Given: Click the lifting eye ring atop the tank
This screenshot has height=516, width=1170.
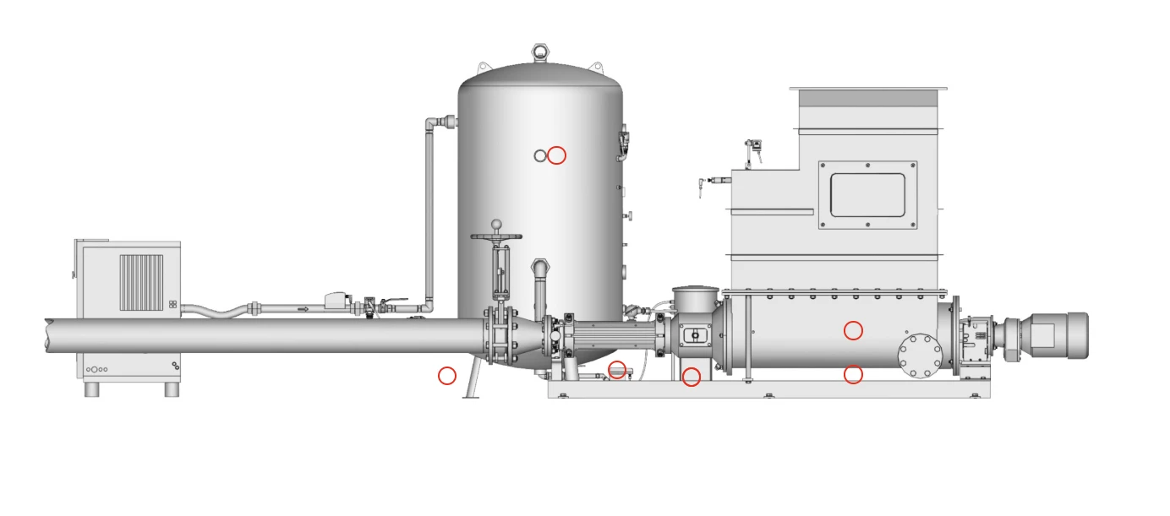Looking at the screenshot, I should click(541, 52).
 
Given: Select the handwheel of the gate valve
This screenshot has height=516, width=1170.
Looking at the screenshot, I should click(496, 236).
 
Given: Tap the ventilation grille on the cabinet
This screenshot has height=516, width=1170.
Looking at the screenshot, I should click(140, 282).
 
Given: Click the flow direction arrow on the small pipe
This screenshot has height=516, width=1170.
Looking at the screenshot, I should click(303, 309).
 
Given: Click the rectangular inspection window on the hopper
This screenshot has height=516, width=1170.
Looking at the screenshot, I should click(867, 195).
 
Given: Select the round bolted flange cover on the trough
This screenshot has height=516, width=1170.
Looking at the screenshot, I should click(920, 356).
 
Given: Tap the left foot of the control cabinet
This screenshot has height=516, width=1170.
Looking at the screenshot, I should click(92, 390).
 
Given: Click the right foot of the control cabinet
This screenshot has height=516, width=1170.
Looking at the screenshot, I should click(172, 390).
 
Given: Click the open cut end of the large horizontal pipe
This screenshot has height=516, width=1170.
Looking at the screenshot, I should click(49, 335).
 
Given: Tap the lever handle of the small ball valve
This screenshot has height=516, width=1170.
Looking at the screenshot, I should click(394, 300).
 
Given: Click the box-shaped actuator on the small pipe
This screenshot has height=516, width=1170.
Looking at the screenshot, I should click(338, 299).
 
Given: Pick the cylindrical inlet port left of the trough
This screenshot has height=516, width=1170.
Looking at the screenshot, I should click(694, 301).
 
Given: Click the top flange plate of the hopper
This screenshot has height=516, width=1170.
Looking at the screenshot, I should click(867, 88).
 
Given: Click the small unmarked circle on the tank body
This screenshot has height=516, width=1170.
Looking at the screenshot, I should click(540, 155).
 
